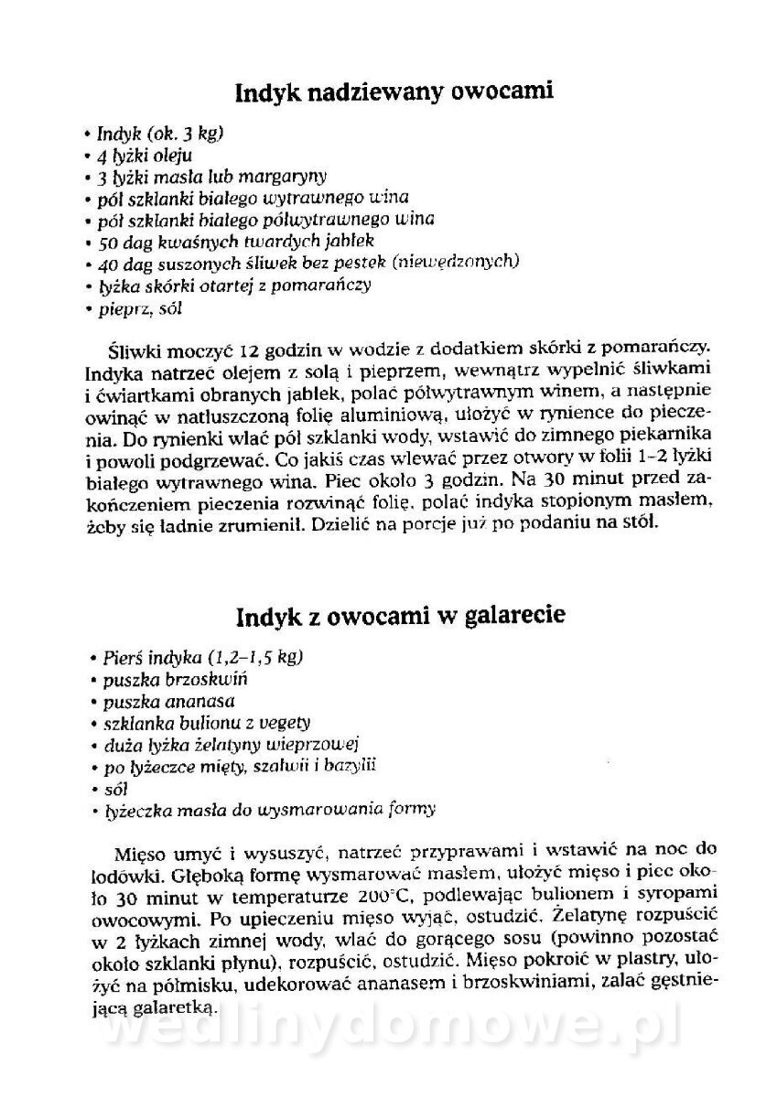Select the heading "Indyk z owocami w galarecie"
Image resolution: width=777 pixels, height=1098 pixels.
[x=400, y=616]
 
